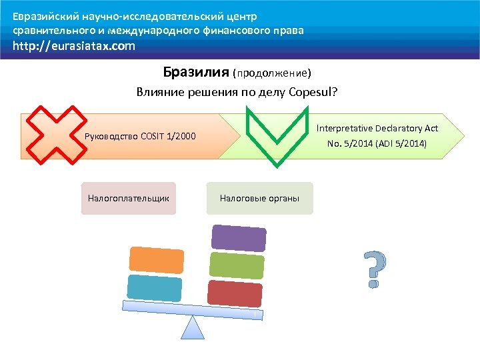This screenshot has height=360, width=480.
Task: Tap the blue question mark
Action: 375,270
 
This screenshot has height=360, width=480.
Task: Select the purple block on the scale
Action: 239,238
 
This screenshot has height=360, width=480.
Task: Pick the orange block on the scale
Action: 155,260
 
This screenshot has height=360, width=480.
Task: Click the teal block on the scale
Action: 154,289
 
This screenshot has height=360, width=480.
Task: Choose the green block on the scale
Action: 237,265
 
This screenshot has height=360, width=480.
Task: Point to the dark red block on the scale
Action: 235,293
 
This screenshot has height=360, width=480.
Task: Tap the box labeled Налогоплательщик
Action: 129,198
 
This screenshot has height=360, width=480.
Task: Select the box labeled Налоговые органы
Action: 259,198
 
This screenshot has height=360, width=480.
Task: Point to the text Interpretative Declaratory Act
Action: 377,128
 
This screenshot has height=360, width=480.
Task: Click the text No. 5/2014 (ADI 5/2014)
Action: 377,143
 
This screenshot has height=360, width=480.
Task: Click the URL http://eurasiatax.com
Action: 73,46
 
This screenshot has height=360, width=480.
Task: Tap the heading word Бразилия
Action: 195,71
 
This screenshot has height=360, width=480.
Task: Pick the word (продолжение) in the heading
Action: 271,72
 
